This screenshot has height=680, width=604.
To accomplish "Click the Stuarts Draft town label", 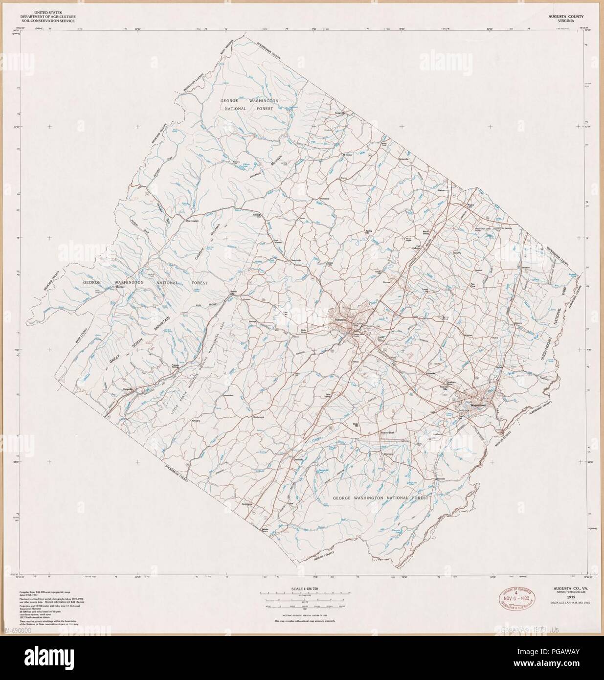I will [x=388, y=433].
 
